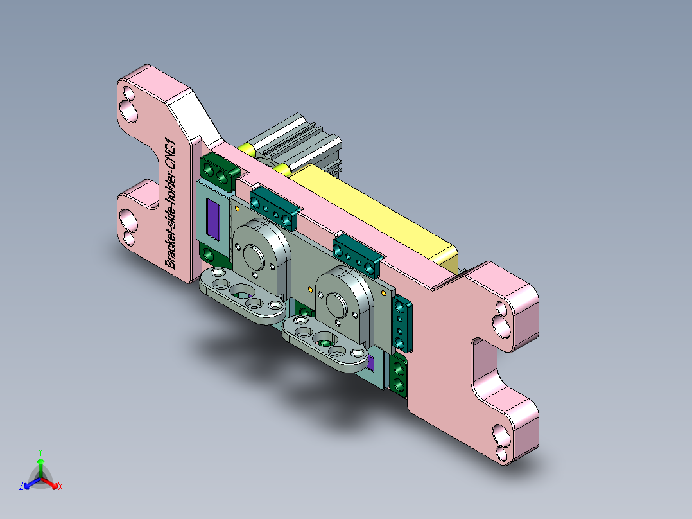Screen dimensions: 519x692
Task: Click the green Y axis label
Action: click(40, 451)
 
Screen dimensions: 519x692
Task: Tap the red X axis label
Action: click(60, 487)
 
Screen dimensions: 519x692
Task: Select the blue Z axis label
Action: click(21, 487)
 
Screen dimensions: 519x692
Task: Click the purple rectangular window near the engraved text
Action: click(212, 218)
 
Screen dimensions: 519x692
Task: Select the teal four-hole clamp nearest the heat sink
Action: click(274, 205)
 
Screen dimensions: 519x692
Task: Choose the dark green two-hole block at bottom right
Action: click(399, 377)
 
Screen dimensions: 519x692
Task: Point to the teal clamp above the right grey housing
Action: click(357, 253)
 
